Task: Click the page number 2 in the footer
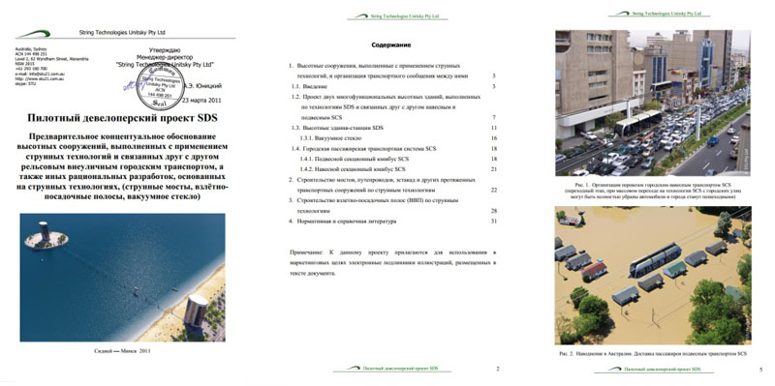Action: tap(496, 369)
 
